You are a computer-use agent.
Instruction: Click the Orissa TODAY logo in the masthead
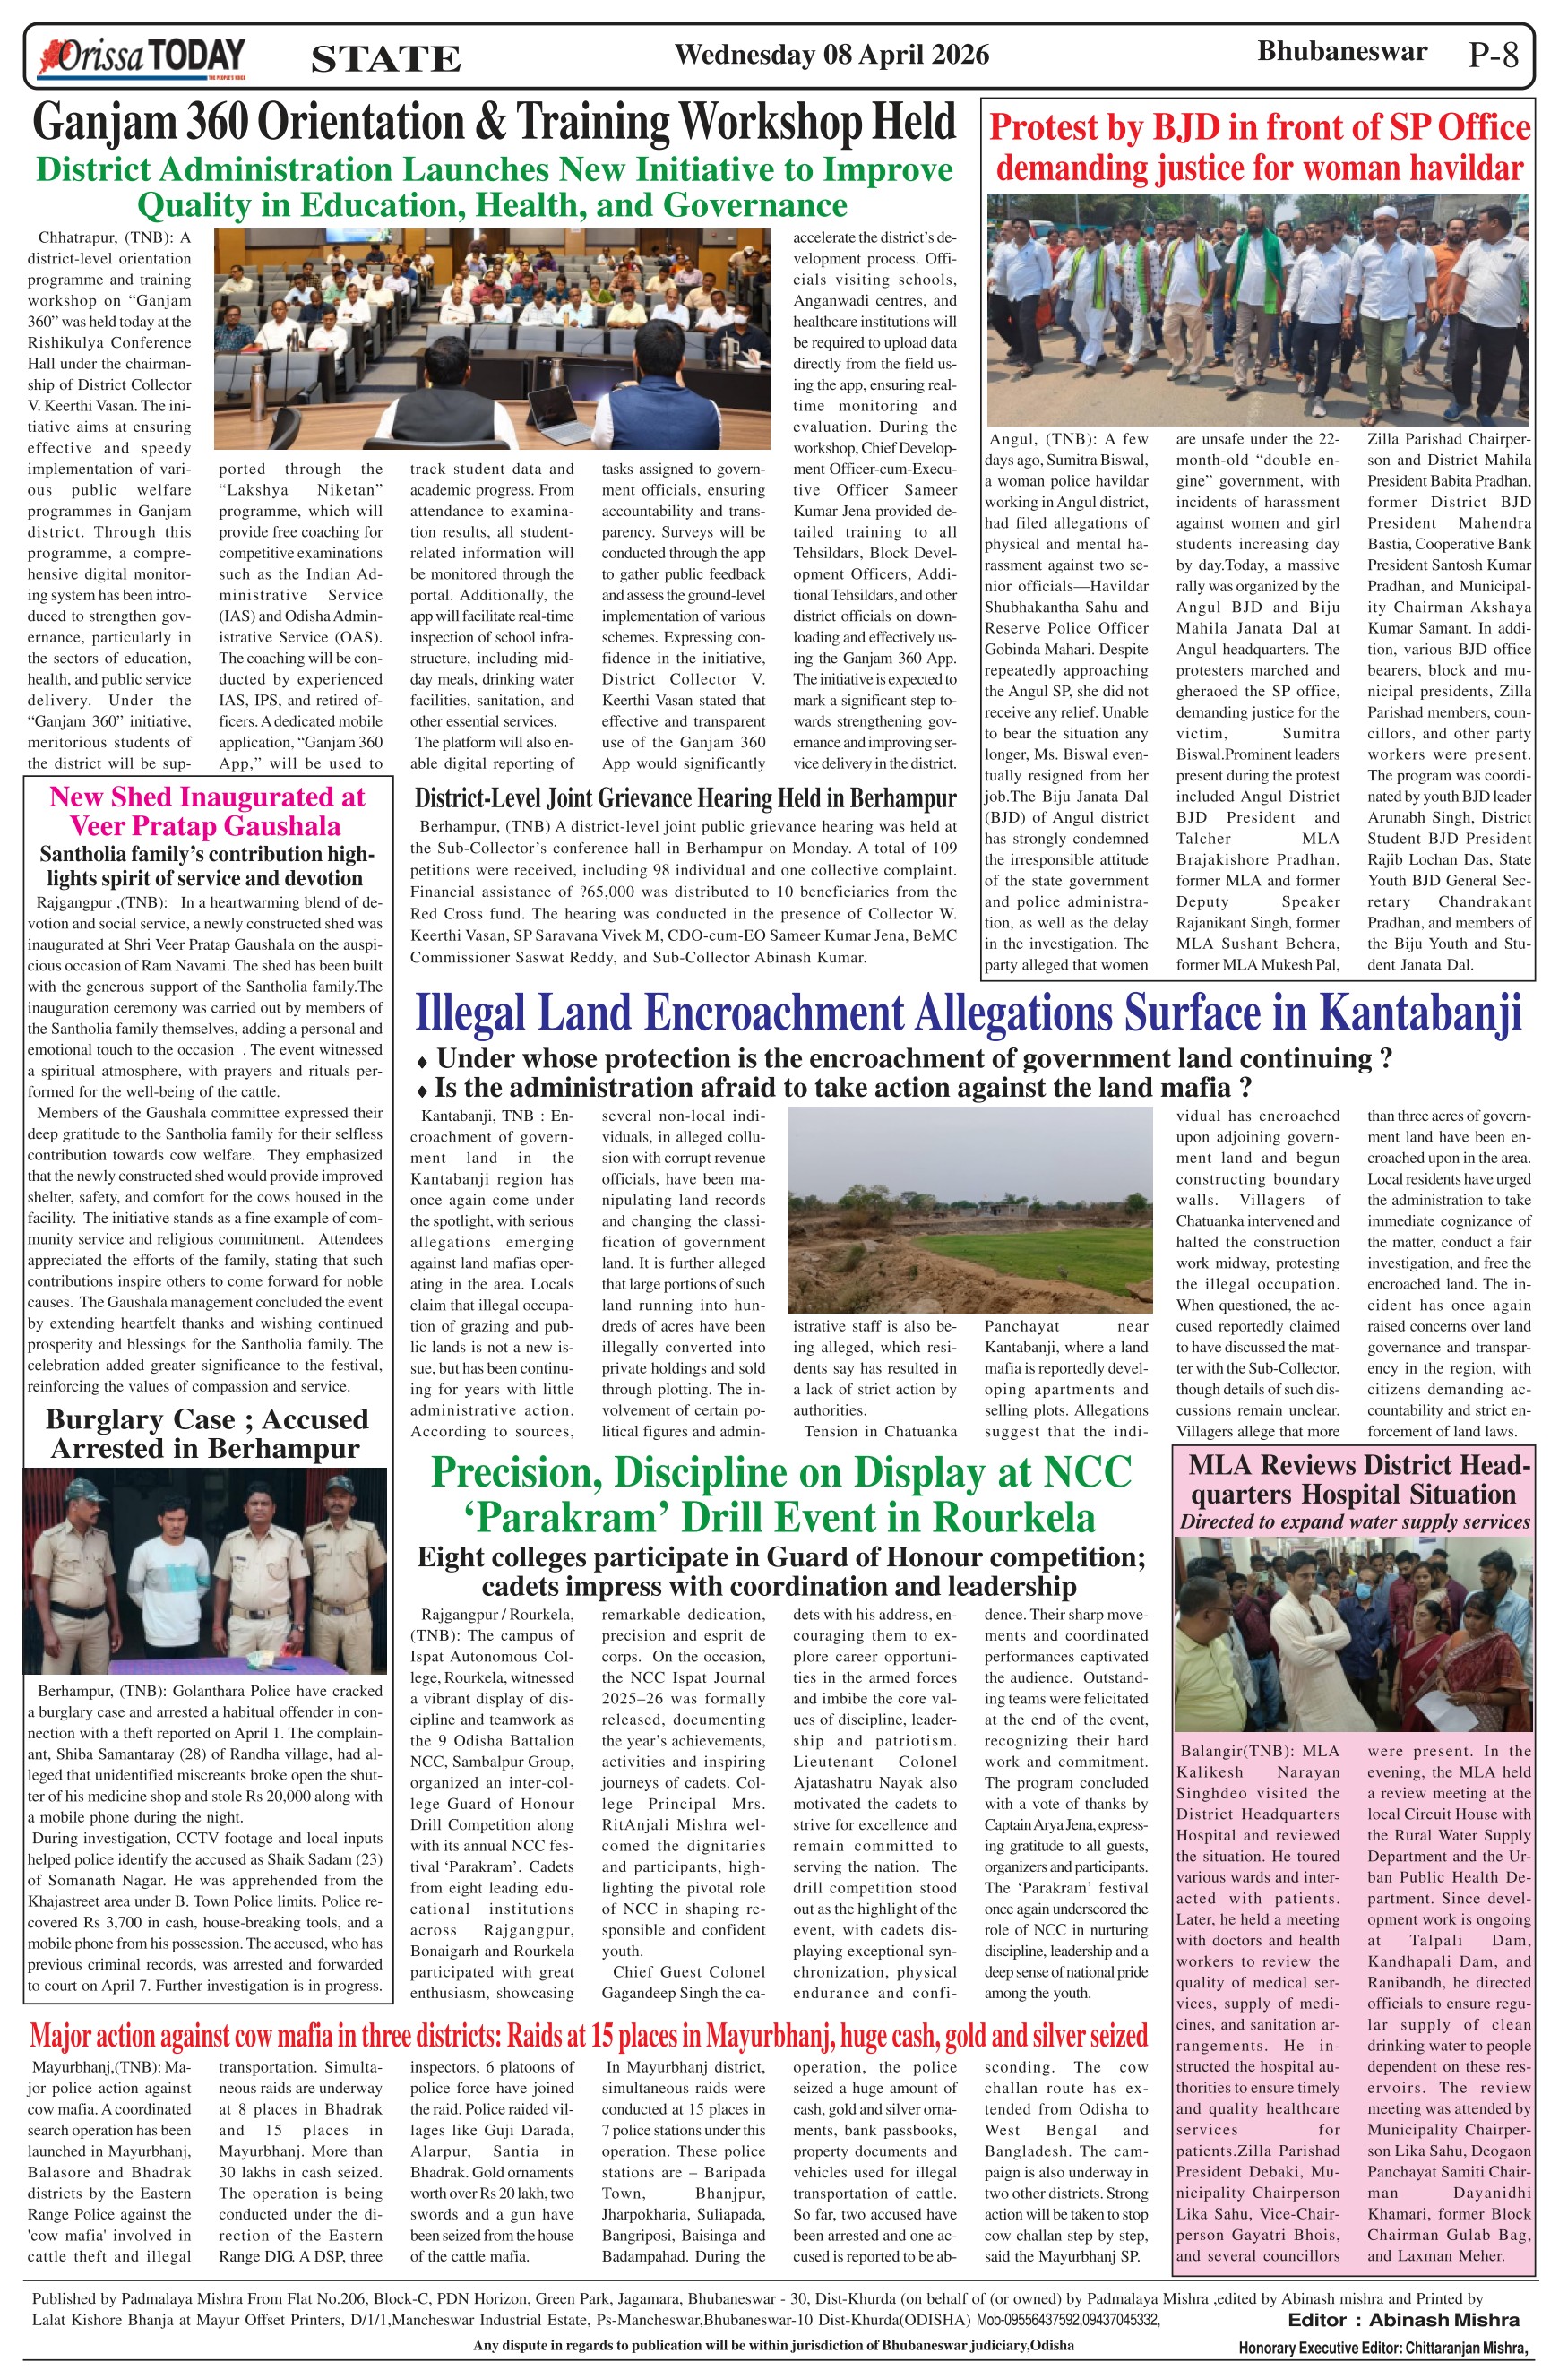coord(141,56)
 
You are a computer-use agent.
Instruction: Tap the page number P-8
coord(1493,54)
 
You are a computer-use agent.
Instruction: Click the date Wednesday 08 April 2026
coord(831,54)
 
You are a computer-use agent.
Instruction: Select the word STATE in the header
coord(386,59)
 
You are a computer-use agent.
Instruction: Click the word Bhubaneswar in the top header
coord(1342,51)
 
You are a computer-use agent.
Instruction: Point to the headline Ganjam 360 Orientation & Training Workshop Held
coord(495,123)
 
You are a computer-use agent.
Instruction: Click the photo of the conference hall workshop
coord(492,338)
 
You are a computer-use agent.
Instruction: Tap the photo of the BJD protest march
coord(1257,310)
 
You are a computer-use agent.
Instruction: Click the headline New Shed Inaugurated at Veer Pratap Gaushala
coord(207,811)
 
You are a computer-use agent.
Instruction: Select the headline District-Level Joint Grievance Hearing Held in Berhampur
coord(685,797)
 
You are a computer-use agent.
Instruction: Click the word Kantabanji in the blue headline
coord(1420,1013)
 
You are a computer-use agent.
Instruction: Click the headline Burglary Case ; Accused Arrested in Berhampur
coord(206,1434)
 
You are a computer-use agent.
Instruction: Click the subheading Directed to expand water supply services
coord(1354,1521)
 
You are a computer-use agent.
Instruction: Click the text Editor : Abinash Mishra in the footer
coord(1403,2319)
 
